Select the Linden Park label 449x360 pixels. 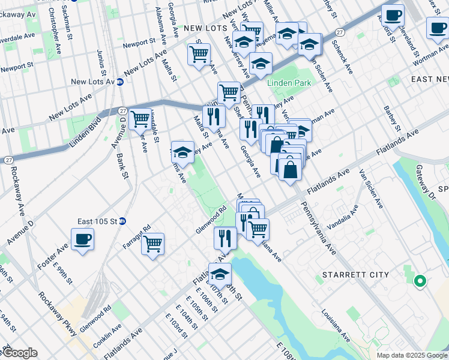click(291, 82)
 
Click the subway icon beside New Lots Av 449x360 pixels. click(120, 82)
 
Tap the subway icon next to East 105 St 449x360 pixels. click(122, 221)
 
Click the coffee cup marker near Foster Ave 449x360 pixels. click(82, 239)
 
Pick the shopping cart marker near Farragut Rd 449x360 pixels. click(153, 244)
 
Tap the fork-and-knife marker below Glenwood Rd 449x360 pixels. click(225, 237)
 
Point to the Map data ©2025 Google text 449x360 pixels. click(412, 355)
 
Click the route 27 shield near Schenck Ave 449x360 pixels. click(340, 32)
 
